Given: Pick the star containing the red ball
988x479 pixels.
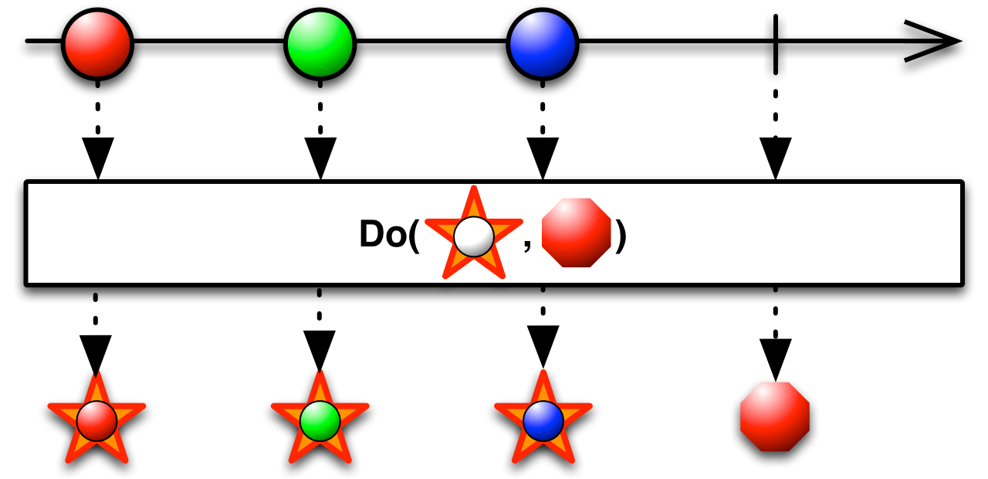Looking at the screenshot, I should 96,420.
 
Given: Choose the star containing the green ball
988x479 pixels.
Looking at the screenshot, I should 320,420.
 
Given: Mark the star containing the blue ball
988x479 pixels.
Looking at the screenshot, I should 543,420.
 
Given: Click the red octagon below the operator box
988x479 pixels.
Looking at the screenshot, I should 775,417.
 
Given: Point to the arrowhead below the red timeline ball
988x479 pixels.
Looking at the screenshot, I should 98,158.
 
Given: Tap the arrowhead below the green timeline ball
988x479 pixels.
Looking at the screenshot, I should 320,158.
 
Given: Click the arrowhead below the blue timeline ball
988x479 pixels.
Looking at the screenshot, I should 543,158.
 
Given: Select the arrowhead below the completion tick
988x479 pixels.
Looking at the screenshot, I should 776,158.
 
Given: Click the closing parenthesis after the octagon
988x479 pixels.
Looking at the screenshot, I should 620,236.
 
